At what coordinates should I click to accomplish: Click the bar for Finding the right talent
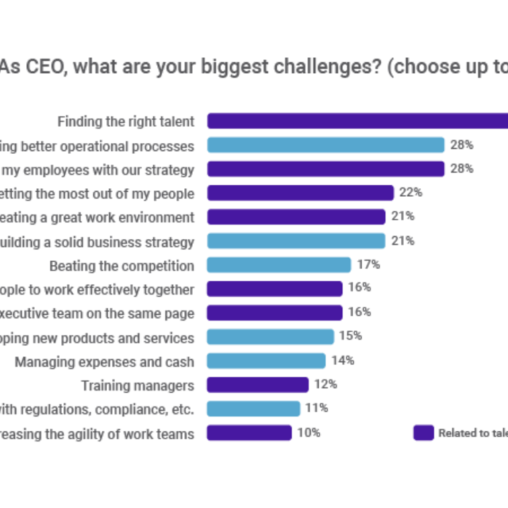click(x=357, y=121)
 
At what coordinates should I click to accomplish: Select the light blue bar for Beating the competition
click(x=278, y=265)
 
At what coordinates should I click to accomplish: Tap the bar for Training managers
click(x=257, y=385)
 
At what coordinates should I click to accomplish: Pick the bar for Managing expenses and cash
click(x=266, y=360)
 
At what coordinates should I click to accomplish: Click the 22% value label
click(x=411, y=192)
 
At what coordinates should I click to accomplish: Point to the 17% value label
click(x=368, y=265)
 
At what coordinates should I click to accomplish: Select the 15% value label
click(x=351, y=336)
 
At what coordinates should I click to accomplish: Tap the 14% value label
click(x=343, y=360)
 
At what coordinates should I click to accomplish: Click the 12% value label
click(x=326, y=384)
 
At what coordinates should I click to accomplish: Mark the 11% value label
click(x=317, y=408)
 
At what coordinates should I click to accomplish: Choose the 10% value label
click(x=309, y=433)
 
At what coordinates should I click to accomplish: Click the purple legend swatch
click(x=423, y=433)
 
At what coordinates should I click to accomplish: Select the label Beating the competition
click(x=122, y=266)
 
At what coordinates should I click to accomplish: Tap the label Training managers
click(x=138, y=385)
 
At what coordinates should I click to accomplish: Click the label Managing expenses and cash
click(x=105, y=361)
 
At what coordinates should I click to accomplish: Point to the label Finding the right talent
click(x=126, y=122)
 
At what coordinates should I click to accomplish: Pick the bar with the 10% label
click(x=249, y=433)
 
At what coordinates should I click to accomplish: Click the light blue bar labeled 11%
click(x=253, y=409)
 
